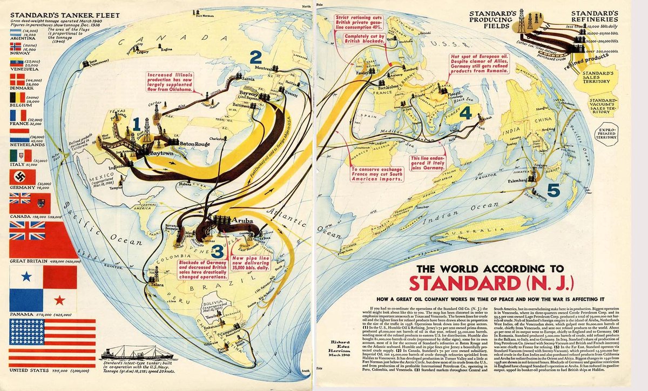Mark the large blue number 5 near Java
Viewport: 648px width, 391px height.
click(x=553, y=190)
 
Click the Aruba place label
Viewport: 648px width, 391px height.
click(x=242, y=221)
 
